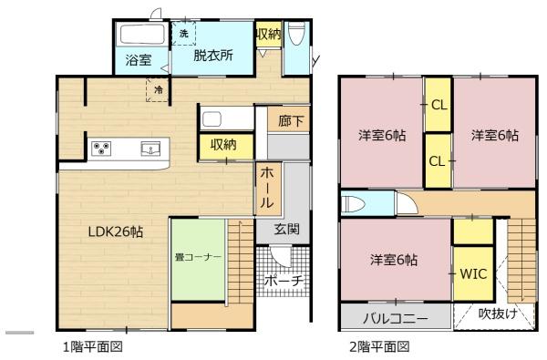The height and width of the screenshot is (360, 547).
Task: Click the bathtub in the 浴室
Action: click(x=142, y=35)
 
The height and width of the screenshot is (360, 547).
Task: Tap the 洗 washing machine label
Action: click(x=183, y=34)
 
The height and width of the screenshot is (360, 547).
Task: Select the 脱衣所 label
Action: click(x=213, y=55)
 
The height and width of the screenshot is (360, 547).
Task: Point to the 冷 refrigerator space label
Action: click(x=159, y=90)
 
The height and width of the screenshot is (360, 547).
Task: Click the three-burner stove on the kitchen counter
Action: click(x=101, y=149)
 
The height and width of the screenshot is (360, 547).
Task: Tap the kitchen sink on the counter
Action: click(x=150, y=149)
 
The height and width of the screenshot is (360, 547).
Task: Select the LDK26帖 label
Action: click(x=116, y=231)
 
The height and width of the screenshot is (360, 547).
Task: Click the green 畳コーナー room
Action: click(x=198, y=259)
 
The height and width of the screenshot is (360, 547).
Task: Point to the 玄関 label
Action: click(x=287, y=229)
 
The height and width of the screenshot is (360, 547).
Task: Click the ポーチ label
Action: click(x=284, y=281)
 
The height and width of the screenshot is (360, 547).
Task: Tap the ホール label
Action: click(x=267, y=188)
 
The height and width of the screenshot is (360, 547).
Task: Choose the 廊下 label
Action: click(x=291, y=121)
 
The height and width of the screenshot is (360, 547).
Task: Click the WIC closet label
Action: click(x=473, y=273)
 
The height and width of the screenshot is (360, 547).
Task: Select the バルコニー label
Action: click(x=396, y=318)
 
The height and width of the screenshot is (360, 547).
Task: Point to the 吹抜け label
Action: click(x=498, y=314)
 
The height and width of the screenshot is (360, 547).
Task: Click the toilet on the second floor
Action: click(x=353, y=204)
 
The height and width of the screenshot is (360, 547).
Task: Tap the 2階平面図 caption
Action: click(x=379, y=346)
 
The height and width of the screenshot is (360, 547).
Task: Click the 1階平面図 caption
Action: click(x=93, y=346)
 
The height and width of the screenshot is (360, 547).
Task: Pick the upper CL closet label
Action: click(x=439, y=105)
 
